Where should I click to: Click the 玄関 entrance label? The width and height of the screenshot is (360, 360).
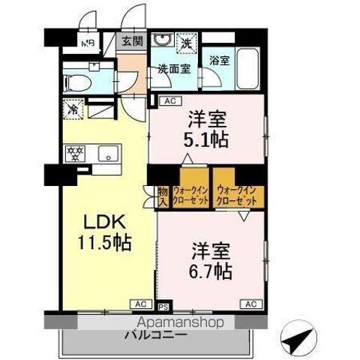coord(133,42)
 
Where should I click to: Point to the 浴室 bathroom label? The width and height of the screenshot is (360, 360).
coord(220,60)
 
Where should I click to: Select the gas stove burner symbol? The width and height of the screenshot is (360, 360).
coord(75,152)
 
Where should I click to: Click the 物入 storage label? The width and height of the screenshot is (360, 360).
coord(161,196)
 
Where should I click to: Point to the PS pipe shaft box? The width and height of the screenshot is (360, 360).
coord(163,306)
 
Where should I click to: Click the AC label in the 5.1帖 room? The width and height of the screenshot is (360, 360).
coord(169,100)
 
